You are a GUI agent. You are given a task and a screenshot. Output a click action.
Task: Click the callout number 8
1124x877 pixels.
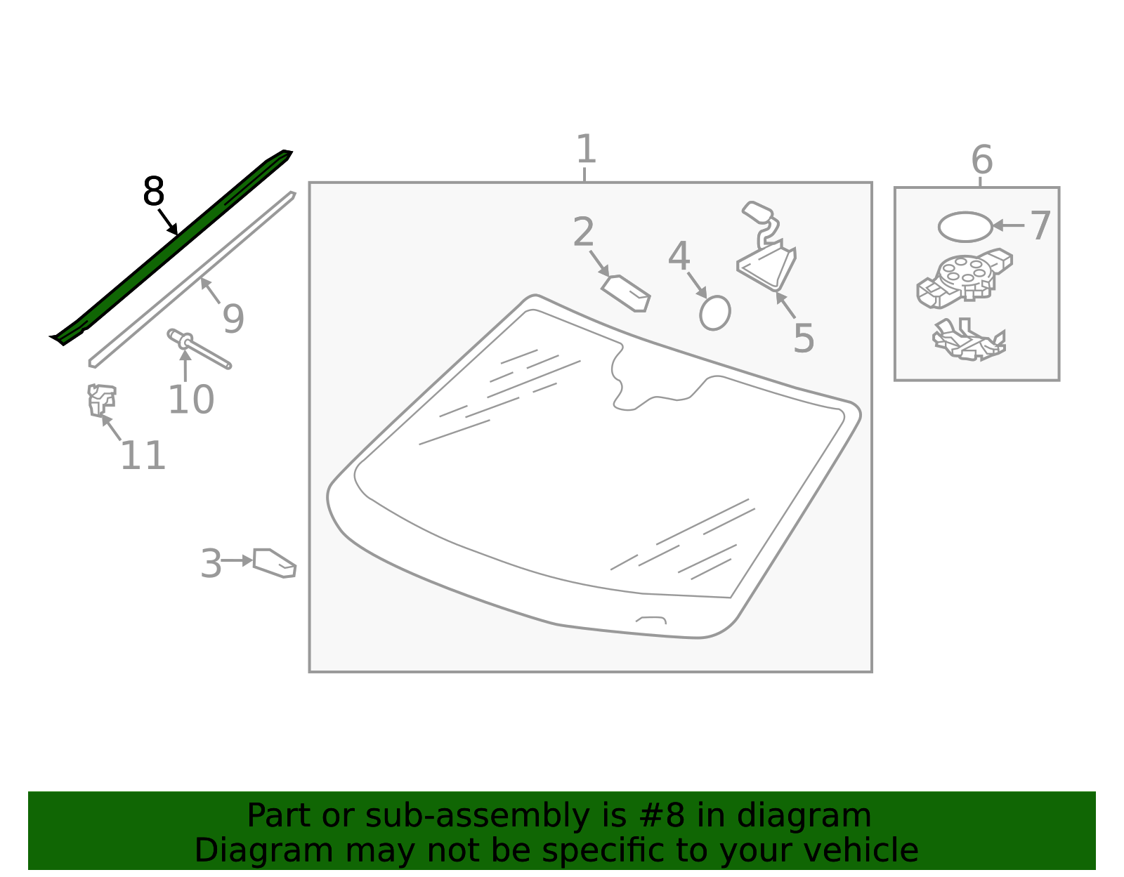[154, 192]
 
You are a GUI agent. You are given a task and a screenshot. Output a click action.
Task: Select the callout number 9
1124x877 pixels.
[233, 319]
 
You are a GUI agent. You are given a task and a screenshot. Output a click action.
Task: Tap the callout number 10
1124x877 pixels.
[191, 400]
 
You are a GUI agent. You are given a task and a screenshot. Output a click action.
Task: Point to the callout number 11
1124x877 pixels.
[143, 455]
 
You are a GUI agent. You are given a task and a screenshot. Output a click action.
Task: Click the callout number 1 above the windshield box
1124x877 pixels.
[586, 149]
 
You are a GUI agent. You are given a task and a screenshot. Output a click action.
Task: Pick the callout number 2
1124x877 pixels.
[584, 232]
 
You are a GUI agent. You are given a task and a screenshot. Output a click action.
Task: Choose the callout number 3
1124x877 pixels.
[211, 564]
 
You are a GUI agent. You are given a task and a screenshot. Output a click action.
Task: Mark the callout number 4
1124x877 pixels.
[679, 256]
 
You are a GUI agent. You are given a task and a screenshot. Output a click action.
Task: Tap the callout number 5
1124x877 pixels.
[804, 338]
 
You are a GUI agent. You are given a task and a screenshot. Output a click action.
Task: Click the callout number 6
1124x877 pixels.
[982, 159]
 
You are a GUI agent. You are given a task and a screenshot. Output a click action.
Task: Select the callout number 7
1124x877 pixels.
[1040, 225]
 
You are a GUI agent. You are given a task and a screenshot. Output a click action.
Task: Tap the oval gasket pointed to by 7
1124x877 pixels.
[965, 227]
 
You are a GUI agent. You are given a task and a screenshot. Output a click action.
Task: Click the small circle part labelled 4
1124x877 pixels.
[715, 312]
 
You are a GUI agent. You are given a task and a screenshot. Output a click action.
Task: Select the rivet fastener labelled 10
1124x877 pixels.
[199, 348]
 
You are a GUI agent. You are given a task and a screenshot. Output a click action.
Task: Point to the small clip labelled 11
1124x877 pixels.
[101, 400]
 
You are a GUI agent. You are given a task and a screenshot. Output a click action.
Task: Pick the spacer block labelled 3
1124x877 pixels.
[275, 563]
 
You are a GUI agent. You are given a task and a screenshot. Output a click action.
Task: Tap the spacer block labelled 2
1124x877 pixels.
[626, 294]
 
